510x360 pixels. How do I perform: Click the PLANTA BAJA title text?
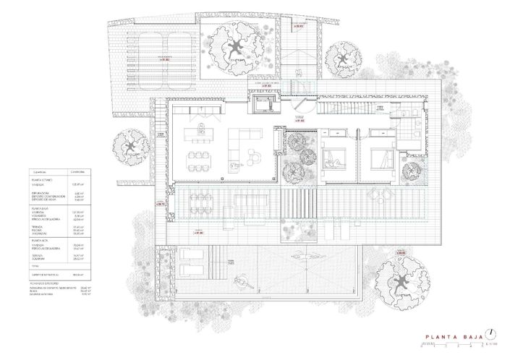(452, 335)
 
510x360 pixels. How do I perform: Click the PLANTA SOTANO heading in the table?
(41, 181)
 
